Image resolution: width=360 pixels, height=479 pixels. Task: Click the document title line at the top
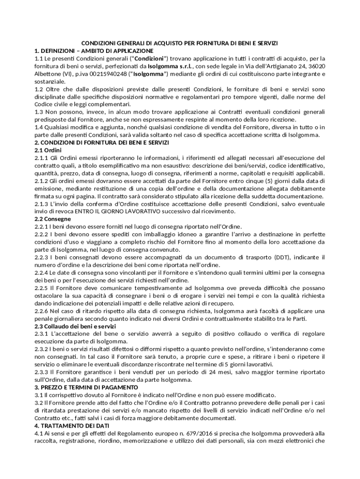(180, 43)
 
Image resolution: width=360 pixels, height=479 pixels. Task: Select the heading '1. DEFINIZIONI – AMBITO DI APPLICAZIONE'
(94, 51)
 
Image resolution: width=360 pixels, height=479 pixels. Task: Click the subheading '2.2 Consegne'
(53, 218)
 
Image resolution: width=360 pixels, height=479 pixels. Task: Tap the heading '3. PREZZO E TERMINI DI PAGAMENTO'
(86, 387)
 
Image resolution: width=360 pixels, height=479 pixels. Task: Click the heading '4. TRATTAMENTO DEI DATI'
(72, 426)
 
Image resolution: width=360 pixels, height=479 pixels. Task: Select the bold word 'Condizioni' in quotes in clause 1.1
(150, 58)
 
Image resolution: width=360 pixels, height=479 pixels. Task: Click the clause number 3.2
(39, 402)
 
